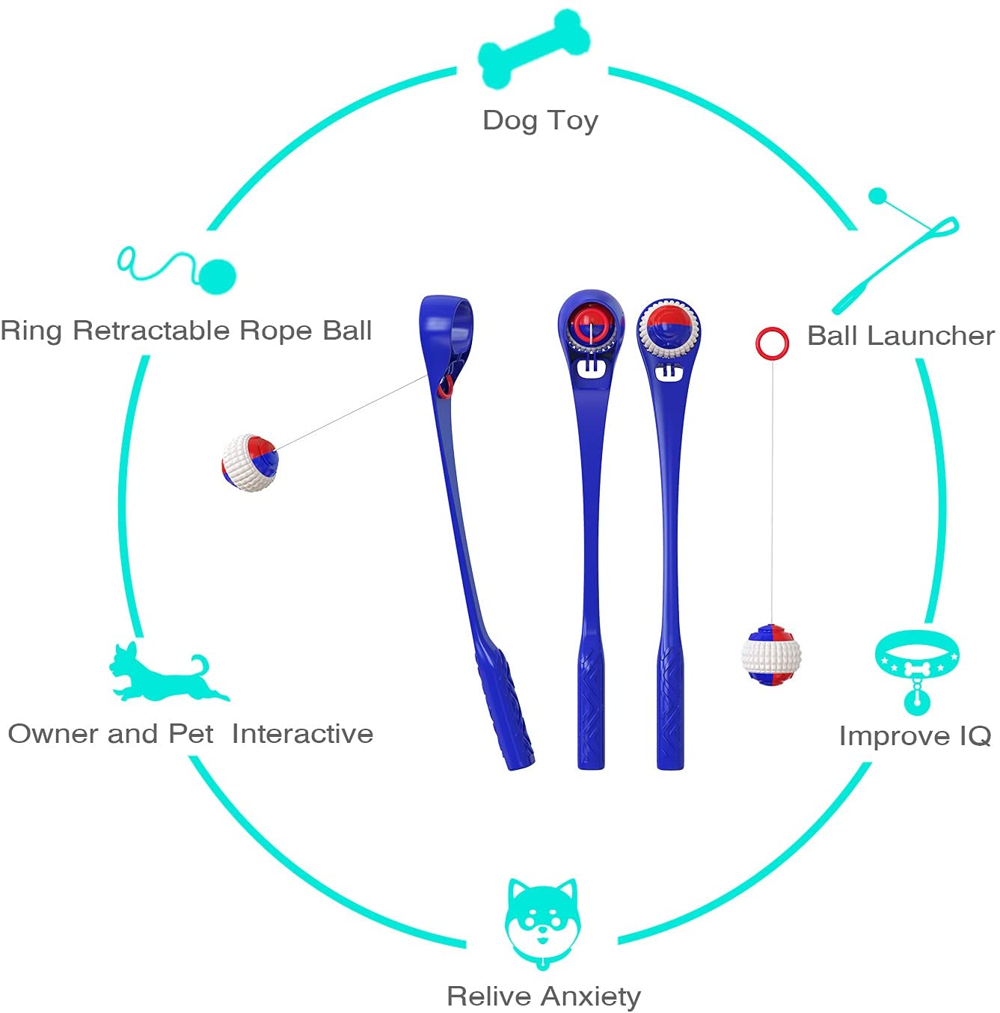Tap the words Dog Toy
[x=540, y=120]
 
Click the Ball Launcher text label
[x=901, y=336]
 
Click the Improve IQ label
[x=915, y=736]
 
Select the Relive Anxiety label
[x=544, y=997]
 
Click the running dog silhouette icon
[x=168, y=673]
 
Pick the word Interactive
[x=302, y=734]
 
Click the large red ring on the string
[x=772, y=343]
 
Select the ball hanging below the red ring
[x=771, y=655]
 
